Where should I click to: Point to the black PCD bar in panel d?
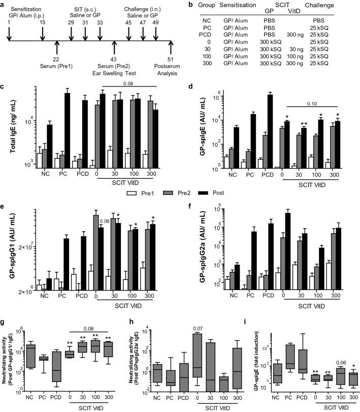[x=270, y=131]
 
